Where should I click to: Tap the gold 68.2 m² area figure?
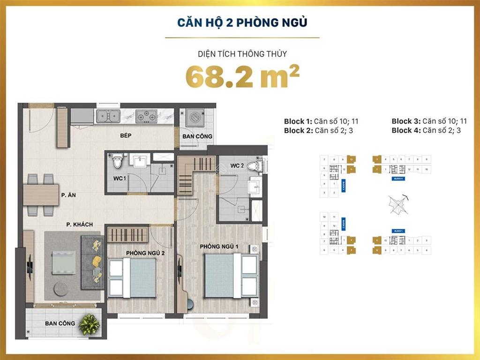point(242,77)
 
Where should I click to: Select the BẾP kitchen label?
point(125,135)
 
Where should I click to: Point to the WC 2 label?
point(237,165)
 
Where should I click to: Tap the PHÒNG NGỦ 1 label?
point(219,246)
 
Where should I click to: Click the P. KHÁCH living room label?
point(79,225)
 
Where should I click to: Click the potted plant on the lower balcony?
point(89,323)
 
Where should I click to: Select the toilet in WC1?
point(117,161)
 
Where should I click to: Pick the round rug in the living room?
point(60,287)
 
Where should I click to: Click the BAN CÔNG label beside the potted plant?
point(60,323)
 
